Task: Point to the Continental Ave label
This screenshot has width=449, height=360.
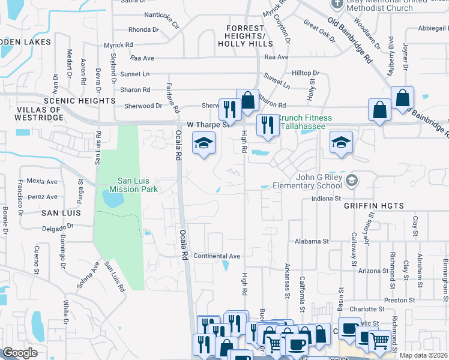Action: coord(216,256)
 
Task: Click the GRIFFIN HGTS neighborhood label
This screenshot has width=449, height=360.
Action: coord(374,206)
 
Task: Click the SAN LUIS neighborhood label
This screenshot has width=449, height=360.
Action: coord(57,213)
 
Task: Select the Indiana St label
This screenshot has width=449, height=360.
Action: coord(326,198)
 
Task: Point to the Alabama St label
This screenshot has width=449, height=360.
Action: coord(312,241)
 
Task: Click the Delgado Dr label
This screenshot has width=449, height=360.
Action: coord(58,228)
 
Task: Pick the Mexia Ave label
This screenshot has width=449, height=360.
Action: coord(42,181)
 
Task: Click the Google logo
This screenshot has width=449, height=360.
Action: coord(20,353)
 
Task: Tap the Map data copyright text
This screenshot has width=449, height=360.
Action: coord(424,355)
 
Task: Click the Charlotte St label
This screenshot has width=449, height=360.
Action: coord(364,309)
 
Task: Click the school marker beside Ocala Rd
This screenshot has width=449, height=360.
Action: coord(203,144)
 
